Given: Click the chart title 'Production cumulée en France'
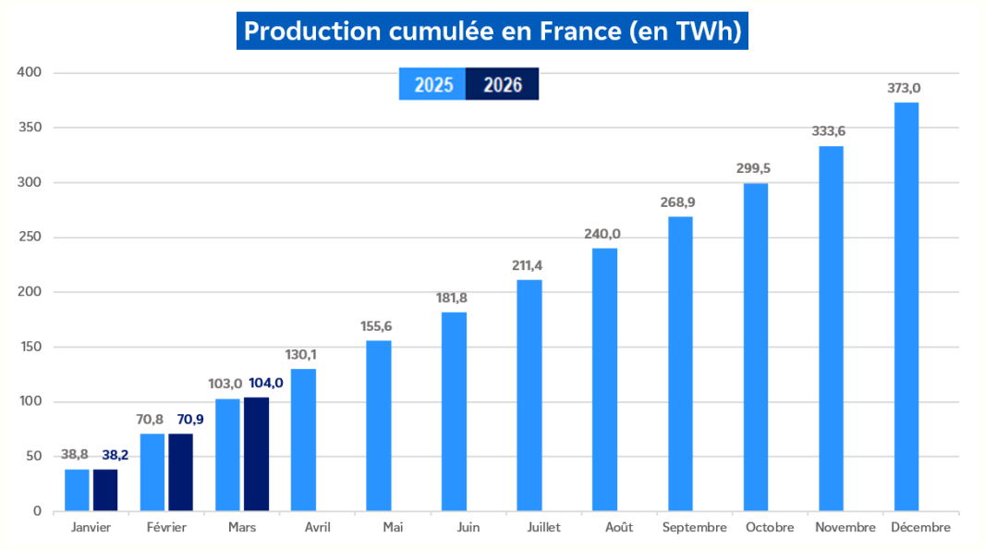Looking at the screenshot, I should [492, 31].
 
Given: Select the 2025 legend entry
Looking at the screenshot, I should [432, 85].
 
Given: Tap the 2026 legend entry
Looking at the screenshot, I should [502, 85].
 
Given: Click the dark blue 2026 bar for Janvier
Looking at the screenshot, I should [105, 490].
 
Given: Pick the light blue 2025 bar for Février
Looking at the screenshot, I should [152, 472].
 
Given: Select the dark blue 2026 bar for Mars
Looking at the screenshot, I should [256, 454].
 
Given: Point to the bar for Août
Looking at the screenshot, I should [605, 379].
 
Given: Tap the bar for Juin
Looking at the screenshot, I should [454, 411].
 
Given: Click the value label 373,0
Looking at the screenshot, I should [906, 89].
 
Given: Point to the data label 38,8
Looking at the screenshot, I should [77, 455].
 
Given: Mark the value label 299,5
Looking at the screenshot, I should [756, 169].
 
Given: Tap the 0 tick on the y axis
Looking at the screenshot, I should [37, 511].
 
